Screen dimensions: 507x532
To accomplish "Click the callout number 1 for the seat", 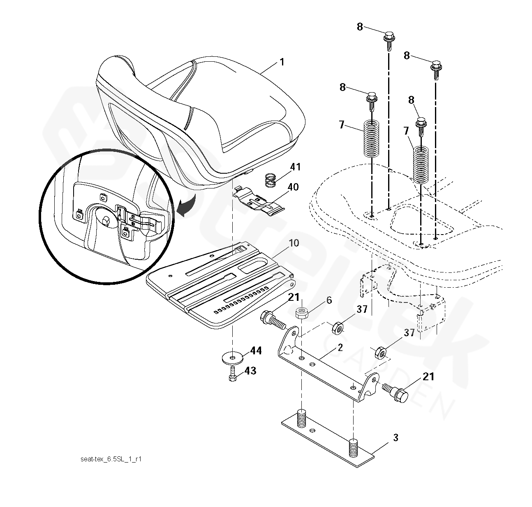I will tap(282, 63).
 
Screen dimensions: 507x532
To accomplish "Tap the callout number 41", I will tap(295, 167).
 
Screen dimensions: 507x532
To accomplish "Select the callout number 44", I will tap(256, 351).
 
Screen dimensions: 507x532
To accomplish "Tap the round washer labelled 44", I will tap(234, 356).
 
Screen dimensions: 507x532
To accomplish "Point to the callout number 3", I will tap(395, 437).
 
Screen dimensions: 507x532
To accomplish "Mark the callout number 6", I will tap(329, 300).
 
